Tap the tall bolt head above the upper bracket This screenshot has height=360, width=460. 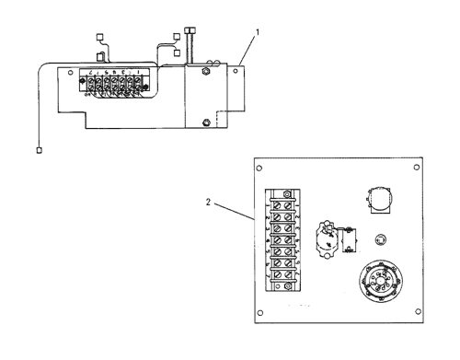190,30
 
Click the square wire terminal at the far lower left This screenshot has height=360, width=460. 39,149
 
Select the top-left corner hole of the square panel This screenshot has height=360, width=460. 260,168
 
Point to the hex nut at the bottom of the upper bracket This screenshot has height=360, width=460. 207,122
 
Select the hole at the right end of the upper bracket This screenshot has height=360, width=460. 238,67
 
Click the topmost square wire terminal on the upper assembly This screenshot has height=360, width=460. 100,38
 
